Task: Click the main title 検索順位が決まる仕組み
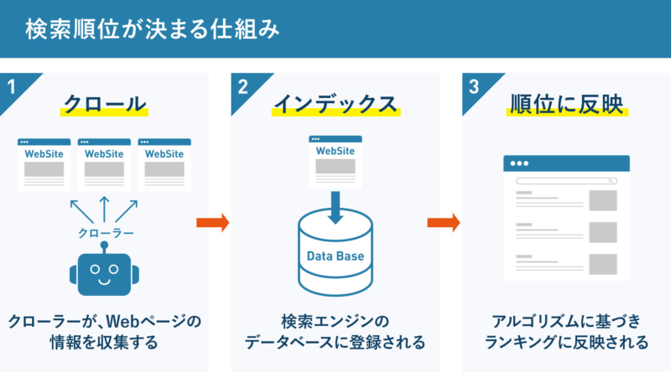coord(151,28)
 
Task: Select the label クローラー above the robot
coord(104,232)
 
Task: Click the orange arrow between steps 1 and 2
coord(212,223)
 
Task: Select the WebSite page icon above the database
coord(335,161)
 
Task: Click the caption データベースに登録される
coord(335,343)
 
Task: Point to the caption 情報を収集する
coord(104,343)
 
